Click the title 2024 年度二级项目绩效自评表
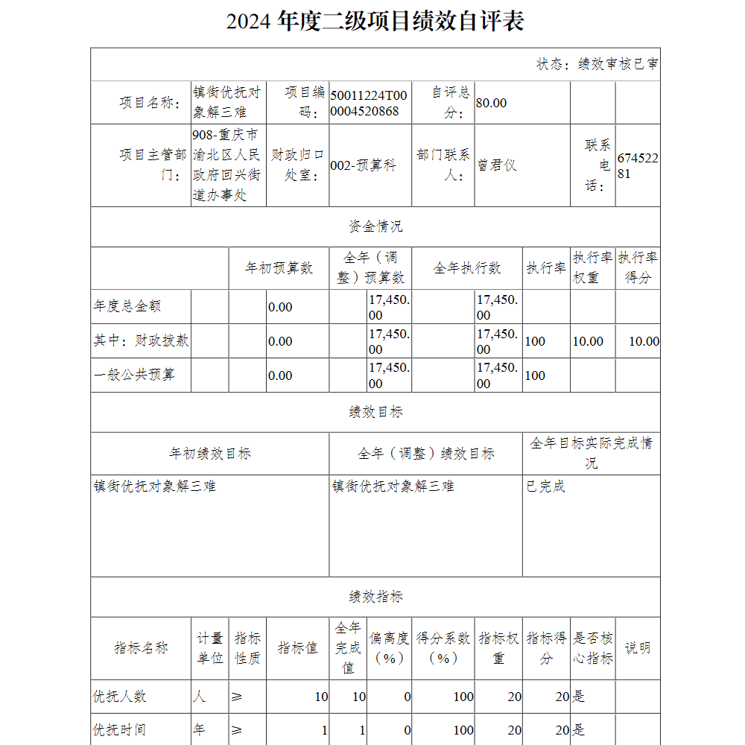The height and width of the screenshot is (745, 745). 375,21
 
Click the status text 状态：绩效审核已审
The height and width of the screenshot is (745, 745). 597,64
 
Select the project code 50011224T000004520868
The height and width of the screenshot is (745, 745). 369,103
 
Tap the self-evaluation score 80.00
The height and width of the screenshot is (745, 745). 491,103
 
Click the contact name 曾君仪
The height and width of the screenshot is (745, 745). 497,165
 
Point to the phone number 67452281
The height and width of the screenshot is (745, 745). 637,165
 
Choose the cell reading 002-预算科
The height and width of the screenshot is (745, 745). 363,165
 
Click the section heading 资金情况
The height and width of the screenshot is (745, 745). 375,226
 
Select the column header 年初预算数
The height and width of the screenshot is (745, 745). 279,268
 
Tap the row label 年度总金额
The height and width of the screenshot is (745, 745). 127,306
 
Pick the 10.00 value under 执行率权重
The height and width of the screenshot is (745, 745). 588,341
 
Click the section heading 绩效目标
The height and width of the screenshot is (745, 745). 375,412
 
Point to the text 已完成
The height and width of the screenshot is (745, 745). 545,486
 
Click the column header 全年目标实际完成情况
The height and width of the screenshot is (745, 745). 591,453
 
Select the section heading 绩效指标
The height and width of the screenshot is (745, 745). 375,597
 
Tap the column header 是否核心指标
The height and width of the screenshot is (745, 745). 593,648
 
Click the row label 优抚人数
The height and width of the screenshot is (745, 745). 119,697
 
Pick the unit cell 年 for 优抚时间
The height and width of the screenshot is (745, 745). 199,730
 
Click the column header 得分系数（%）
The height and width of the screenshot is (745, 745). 443,648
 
